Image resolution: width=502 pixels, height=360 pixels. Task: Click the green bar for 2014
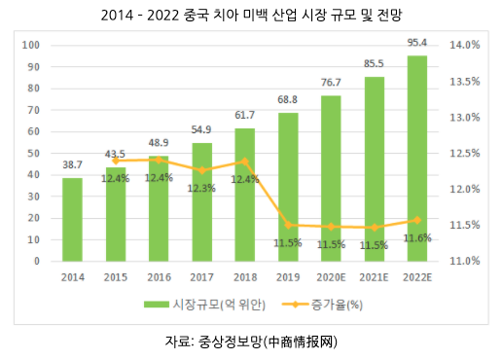[72, 220]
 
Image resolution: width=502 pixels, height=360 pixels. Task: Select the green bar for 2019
[289, 187]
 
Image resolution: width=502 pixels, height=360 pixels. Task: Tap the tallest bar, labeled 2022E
[418, 159]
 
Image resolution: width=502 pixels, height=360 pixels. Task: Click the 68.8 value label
[289, 101]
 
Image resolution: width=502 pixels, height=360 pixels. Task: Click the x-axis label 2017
[202, 276]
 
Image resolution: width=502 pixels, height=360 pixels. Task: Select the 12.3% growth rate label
[202, 188]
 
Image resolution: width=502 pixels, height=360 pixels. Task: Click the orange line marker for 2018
[245, 162]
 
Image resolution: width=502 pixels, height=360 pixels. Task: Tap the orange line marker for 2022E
[418, 220]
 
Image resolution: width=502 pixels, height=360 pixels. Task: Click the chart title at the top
[251, 16]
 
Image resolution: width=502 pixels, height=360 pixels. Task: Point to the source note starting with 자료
[251, 342]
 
